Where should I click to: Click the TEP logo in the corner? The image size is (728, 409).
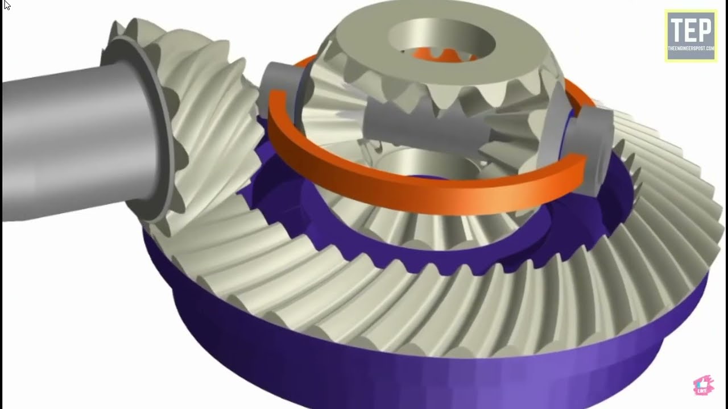[x=691, y=35]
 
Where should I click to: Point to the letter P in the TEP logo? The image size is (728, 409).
[x=706, y=30]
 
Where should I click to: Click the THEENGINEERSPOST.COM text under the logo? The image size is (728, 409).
[x=691, y=49]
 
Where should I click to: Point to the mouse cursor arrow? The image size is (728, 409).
[x=6, y=5]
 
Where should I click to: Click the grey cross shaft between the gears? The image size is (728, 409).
[x=421, y=128]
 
